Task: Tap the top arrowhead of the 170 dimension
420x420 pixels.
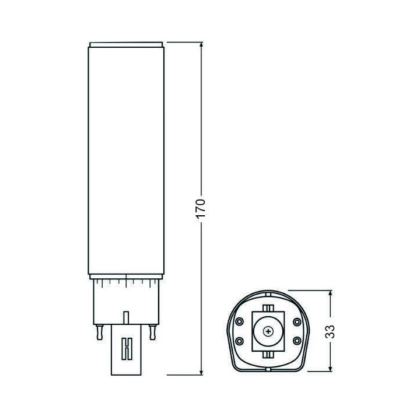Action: click(x=202, y=45)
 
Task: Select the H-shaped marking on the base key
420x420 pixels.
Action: click(x=125, y=349)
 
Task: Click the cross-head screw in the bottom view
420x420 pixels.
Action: click(x=268, y=331)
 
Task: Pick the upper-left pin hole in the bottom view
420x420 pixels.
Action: click(x=239, y=321)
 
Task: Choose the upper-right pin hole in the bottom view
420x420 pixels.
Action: click(x=297, y=321)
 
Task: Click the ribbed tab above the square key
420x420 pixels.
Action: click(x=268, y=308)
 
